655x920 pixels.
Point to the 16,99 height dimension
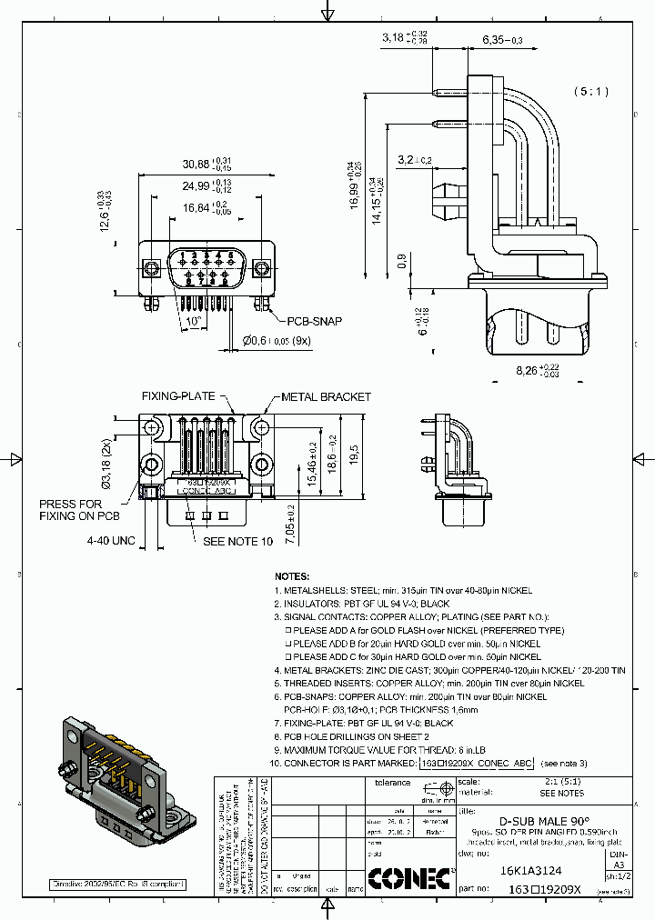pyautogui.click(x=353, y=185)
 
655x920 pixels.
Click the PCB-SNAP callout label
pyautogui.click(x=315, y=321)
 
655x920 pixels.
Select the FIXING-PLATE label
pyautogui.click(x=177, y=396)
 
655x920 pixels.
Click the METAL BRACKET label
pyautogui.click(x=326, y=396)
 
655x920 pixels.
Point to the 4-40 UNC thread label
pyautogui.click(x=111, y=541)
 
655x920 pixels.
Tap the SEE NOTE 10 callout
pyautogui.click(x=237, y=541)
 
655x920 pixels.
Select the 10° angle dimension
pyautogui.click(x=193, y=321)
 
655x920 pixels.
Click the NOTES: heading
pyautogui.click(x=292, y=576)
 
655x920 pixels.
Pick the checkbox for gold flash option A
pyautogui.click(x=288, y=630)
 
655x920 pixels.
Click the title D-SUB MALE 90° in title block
pyautogui.click(x=545, y=818)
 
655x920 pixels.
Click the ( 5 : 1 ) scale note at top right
pyautogui.click(x=591, y=92)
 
